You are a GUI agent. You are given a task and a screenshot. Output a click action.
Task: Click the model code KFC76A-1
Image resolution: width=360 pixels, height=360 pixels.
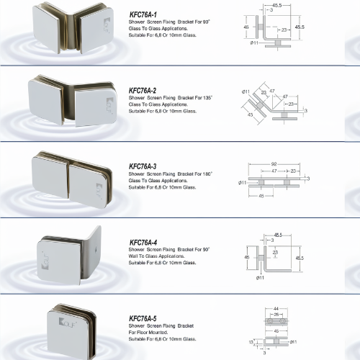pos(143,14)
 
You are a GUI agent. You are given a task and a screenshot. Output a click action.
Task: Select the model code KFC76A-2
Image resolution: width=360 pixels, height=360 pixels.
pos(143,91)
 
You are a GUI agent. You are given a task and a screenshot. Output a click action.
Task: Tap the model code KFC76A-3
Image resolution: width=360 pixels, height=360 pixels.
pos(143,166)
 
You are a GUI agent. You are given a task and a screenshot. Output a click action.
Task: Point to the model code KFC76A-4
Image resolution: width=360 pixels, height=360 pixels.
pos(143,243)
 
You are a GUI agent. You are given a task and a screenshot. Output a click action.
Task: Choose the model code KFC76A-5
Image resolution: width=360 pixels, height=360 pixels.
pos(143,318)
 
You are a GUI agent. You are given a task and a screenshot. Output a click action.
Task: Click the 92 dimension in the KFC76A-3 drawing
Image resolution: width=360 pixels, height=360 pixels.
pos(274,164)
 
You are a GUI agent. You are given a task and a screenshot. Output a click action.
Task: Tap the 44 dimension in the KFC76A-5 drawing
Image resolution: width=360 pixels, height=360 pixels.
pos(276,309)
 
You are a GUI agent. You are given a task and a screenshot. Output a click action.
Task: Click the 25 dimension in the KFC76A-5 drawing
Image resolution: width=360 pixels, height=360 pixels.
pos(276,315)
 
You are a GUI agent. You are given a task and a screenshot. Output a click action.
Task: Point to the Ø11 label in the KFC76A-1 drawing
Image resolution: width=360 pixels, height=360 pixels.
pos(254,42)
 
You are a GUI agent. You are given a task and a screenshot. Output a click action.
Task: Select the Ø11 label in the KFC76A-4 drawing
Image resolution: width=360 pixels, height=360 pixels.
pos(260,278)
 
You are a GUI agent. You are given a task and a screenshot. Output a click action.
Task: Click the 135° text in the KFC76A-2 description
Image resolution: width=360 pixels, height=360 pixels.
pos(207,98)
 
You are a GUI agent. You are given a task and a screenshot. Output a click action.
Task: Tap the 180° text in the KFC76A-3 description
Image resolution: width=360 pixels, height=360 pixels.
pos(207,174)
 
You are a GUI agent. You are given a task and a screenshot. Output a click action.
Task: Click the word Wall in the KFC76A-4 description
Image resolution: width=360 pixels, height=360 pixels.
pos(132,256)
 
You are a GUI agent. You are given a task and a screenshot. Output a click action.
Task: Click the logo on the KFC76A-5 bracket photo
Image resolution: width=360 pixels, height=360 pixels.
pos(68,323)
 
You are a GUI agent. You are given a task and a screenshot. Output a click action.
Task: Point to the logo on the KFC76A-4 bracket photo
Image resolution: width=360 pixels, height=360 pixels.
pos(45,261)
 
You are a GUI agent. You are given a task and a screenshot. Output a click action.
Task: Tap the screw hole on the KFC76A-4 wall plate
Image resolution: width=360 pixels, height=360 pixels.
pos(96,249)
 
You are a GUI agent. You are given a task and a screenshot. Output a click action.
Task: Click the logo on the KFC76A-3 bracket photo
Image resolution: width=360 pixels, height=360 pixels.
pos(99,191)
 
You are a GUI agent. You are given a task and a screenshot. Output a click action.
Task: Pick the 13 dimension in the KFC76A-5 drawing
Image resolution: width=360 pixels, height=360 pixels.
pos(251,342)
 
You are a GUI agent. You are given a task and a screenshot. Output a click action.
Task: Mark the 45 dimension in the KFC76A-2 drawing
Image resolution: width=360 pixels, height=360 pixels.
pos(250,114)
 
